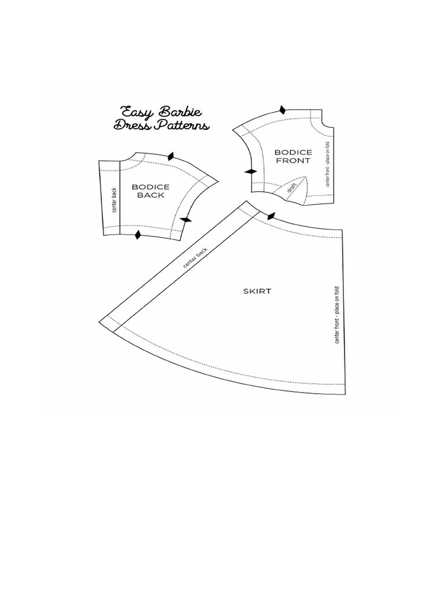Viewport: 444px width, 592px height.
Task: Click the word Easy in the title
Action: (x=136, y=112)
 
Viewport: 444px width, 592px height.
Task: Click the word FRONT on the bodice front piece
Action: (x=293, y=161)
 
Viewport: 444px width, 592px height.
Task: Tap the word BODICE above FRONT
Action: (x=293, y=153)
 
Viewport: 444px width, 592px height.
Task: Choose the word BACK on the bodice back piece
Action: (x=151, y=195)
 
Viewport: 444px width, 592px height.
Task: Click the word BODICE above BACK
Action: (x=151, y=187)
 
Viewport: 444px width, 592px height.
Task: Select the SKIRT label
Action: (x=257, y=291)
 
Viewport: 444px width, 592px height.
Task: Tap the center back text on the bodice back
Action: (x=114, y=199)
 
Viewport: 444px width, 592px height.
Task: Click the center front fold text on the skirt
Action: (x=337, y=316)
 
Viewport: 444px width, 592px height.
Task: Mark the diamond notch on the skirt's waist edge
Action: (x=271, y=216)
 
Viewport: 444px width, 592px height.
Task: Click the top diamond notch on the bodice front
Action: (x=282, y=110)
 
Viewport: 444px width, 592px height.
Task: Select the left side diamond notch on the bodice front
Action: (x=251, y=171)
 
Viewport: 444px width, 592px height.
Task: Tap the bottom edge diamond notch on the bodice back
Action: (x=138, y=234)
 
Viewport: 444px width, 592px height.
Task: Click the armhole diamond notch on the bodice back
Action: (x=186, y=220)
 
